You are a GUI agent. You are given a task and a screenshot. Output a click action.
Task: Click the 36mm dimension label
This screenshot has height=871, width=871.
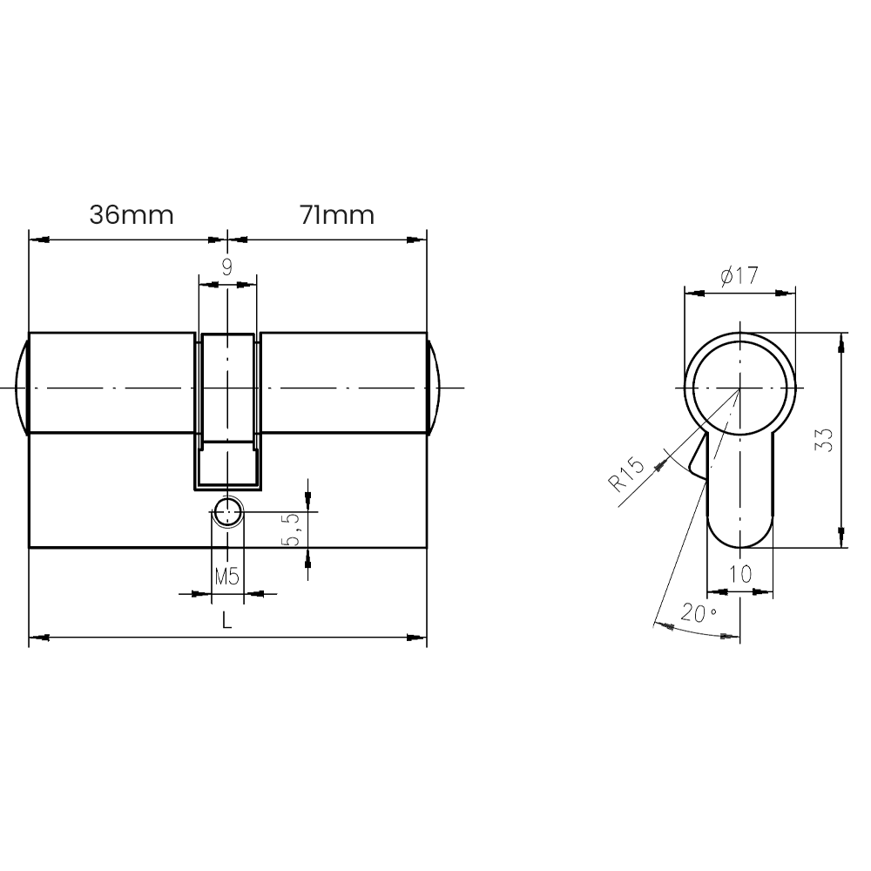click(x=132, y=215)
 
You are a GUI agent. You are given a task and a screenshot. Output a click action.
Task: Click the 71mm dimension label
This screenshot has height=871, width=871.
click(x=337, y=215)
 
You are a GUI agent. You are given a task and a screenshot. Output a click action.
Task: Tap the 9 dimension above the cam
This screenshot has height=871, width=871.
click(x=227, y=267)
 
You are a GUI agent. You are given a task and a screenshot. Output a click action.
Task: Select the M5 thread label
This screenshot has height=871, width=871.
click(x=226, y=576)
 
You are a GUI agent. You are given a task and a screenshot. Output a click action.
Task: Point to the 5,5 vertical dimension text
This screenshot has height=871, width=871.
click(x=294, y=529)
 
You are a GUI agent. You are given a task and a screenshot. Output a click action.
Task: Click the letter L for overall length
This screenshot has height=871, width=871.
click(x=227, y=621)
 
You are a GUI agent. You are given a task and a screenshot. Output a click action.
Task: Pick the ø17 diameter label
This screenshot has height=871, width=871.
click(x=739, y=277)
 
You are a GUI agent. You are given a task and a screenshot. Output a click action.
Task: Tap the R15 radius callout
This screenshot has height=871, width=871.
click(x=628, y=476)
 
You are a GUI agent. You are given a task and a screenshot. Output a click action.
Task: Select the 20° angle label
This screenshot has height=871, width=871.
click(x=699, y=614)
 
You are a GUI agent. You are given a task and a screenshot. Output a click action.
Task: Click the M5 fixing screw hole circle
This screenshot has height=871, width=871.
click(x=228, y=512)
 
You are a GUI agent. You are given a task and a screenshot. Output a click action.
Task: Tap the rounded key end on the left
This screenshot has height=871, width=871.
click(x=23, y=385)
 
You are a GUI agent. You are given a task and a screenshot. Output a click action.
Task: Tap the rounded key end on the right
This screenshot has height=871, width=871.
click(x=434, y=385)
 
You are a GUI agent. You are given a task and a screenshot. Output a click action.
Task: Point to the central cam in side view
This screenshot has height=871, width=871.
click(x=228, y=409)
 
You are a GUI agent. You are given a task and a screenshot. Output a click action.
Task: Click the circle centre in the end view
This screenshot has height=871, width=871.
click(x=740, y=388)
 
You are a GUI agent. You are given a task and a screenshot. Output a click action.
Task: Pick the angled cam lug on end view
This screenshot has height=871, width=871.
click(x=699, y=458)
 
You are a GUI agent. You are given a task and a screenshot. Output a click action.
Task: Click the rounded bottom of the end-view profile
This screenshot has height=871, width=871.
click(x=739, y=536)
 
